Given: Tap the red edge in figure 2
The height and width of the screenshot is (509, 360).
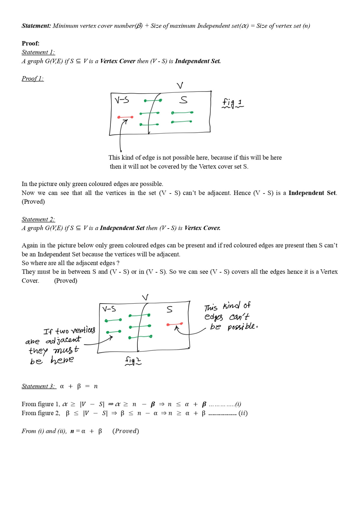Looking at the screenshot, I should [x=175, y=324].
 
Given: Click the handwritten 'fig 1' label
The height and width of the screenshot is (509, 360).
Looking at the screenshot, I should [x=232, y=103].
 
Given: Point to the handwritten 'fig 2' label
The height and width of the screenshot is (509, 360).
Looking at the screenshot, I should [x=133, y=361].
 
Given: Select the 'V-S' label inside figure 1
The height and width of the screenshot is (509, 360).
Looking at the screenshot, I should [x=122, y=100].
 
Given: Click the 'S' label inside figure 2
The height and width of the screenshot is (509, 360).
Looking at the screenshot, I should [x=169, y=309].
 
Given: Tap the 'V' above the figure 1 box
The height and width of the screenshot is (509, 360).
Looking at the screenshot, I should [x=180, y=86].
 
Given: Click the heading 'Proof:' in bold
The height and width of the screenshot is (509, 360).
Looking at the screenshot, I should [x=31, y=43].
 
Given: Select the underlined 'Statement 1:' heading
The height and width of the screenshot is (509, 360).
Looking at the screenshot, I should [x=38, y=52].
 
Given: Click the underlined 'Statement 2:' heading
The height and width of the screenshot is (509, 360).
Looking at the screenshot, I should [x=38, y=219].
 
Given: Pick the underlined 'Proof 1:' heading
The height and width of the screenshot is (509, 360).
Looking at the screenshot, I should [x=32, y=79].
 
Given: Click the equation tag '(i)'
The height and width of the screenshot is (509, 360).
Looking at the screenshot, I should [x=238, y=404].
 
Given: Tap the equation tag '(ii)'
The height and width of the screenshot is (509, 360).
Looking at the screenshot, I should [x=243, y=413].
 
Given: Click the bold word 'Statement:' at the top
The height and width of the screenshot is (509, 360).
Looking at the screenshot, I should [x=36, y=26].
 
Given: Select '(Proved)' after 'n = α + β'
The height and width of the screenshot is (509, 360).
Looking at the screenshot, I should [x=125, y=431].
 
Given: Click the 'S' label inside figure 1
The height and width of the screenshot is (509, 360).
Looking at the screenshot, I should [x=183, y=100].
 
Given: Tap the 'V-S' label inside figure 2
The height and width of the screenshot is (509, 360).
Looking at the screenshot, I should [x=109, y=309].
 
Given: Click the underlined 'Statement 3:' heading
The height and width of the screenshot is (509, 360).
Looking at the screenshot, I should [x=39, y=386].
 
